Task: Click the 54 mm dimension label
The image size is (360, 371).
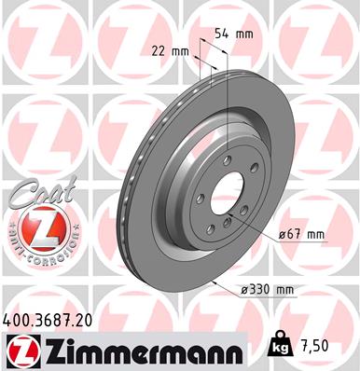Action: (241, 34)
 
